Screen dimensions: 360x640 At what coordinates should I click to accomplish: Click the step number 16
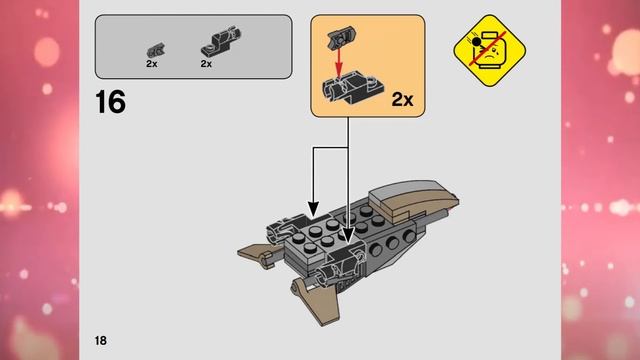(110, 102)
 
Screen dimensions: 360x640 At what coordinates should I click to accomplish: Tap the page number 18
(102, 340)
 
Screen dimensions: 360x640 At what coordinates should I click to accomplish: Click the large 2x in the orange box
(402, 99)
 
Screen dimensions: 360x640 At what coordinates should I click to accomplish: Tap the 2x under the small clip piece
(152, 63)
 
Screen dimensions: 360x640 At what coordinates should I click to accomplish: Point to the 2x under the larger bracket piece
(206, 63)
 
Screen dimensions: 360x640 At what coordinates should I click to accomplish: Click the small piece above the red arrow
(339, 36)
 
